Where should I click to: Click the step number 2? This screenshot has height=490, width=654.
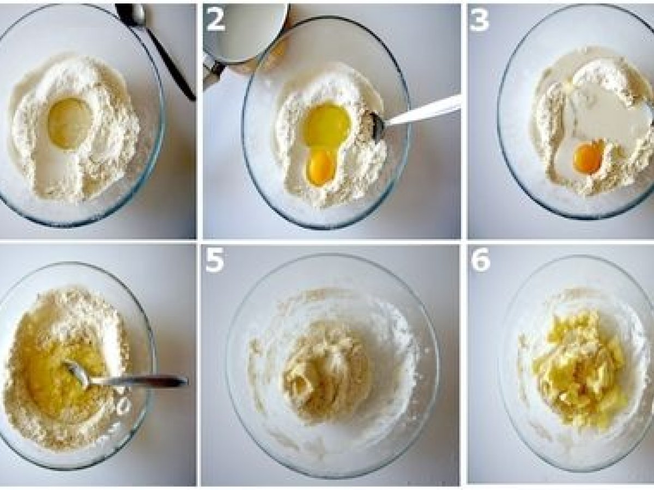(215, 20)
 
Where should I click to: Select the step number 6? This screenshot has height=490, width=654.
(481, 261)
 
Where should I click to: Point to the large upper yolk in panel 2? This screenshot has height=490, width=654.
(328, 126)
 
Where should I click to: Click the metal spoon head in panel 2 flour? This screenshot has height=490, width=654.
(374, 125)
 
